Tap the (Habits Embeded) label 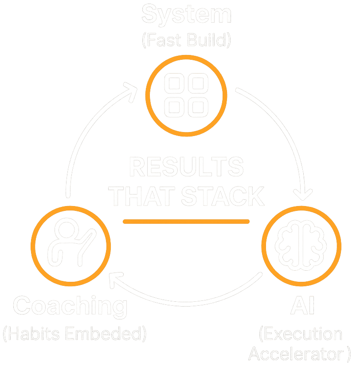(x=74, y=333)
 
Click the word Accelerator (x=298, y=354)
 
